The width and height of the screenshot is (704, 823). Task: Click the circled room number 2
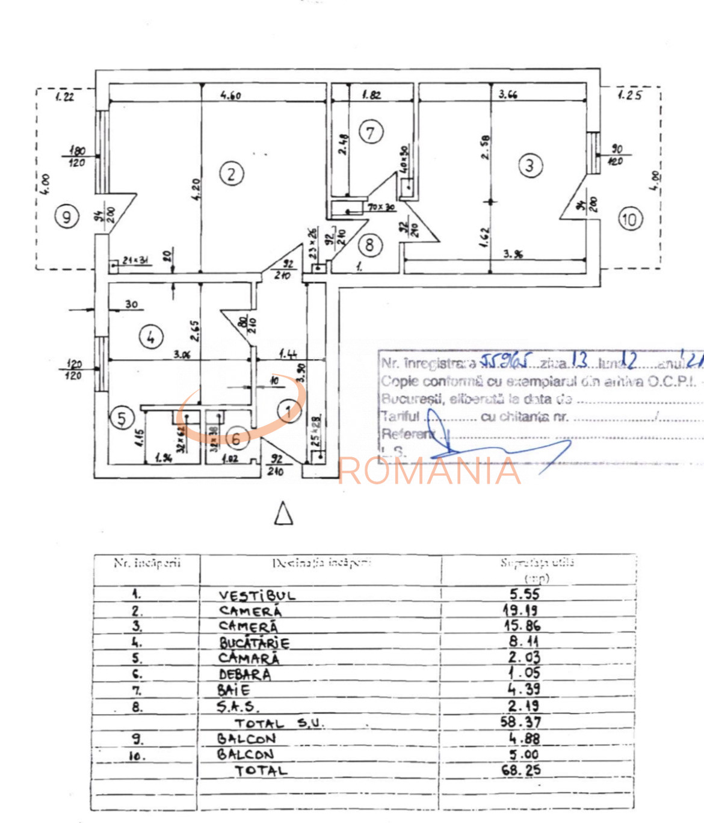coord(232,174)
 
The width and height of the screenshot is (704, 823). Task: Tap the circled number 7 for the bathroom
coord(371,132)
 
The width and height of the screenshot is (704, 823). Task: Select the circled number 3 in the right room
coord(530,165)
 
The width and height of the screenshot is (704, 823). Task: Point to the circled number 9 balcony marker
coord(66,216)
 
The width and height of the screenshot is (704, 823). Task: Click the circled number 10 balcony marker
coord(629,219)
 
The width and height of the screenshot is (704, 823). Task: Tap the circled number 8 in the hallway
coord(369,245)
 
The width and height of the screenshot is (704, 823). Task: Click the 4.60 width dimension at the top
coord(230,95)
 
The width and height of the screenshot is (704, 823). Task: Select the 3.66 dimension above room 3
coord(508,94)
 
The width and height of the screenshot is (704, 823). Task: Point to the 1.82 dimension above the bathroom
coord(371,94)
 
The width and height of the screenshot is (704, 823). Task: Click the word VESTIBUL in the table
coord(257,596)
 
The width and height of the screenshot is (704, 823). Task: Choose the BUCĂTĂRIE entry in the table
coord(254,643)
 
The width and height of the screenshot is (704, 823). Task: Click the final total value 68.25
coord(521,770)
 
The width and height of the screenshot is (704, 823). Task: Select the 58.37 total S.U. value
coord(521,722)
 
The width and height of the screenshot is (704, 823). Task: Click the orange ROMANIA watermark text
coord(429,470)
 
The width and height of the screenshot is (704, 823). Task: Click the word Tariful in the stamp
coord(400,416)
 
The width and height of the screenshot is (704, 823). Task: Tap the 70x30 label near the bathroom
coord(381,208)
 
